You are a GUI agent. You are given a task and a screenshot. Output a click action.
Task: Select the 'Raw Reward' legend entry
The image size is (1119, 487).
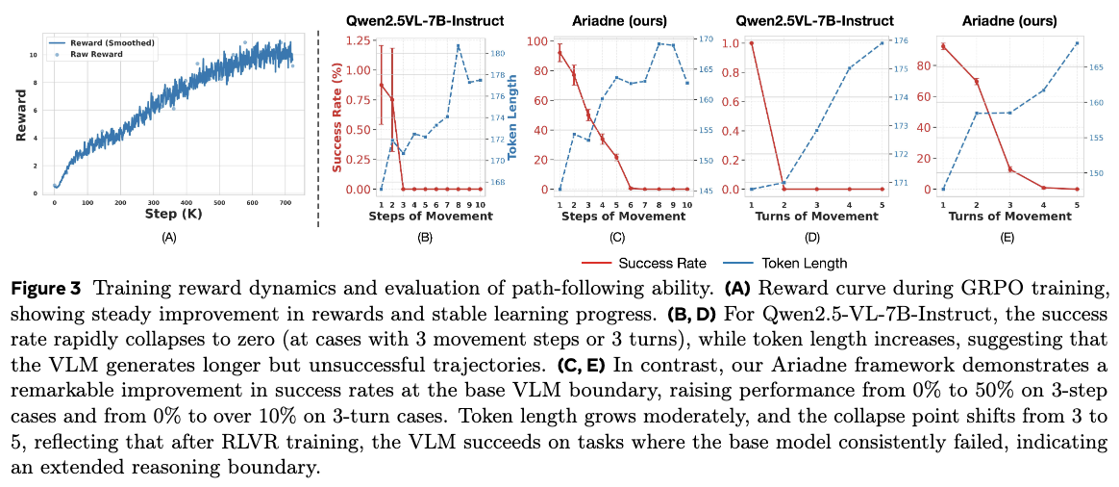pos(92,55)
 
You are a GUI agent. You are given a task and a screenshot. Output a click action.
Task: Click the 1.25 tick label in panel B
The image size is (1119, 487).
pos(361,41)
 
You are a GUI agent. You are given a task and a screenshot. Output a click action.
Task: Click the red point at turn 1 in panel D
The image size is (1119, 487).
pos(751,43)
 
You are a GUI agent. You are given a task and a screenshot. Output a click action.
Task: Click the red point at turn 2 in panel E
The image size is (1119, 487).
pos(977,82)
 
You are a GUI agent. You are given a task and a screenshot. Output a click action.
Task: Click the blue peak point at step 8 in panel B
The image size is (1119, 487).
pos(459,46)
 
